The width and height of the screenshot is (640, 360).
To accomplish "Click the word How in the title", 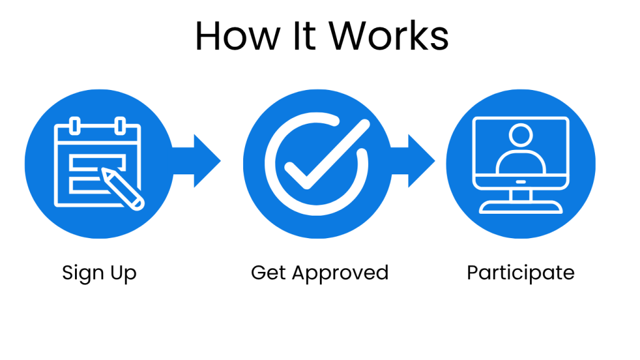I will [x=232, y=36].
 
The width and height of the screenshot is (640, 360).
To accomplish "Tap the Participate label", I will [x=521, y=274].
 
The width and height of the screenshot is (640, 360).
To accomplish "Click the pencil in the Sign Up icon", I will [x=122, y=186].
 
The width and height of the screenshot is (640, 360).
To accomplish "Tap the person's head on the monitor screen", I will [x=520, y=135].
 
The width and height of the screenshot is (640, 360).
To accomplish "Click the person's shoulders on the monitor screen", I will [x=520, y=162].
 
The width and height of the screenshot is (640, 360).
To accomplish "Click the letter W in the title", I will [x=353, y=36].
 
